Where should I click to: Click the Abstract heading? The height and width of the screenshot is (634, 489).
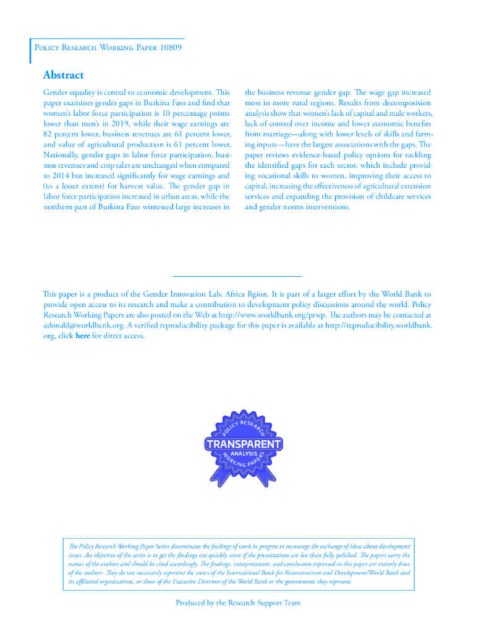(x=63, y=75)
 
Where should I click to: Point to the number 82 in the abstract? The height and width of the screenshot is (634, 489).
(x=49, y=134)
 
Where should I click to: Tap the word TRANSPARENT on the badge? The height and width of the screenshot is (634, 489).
(x=244, y=444)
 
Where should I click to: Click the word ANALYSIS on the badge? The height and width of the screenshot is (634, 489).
(x=244, y=454)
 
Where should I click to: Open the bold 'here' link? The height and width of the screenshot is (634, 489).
(x=82, y=336)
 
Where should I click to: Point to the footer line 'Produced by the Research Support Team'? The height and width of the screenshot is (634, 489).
(x=238, y=602)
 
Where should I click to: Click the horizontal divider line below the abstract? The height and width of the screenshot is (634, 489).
(x=236, y=276)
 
